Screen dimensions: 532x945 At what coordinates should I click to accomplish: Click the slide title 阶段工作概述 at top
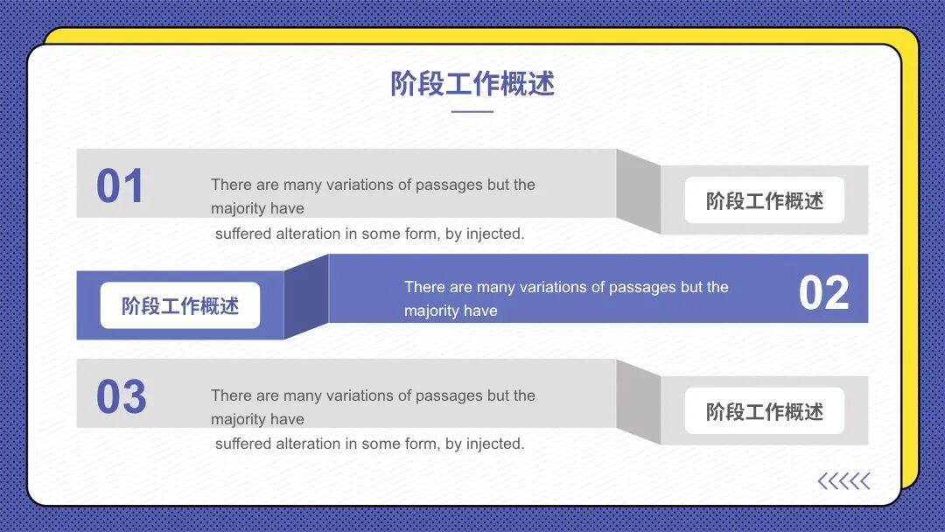click(x=472, y=85)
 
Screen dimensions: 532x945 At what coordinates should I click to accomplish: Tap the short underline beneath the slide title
click(x=472, y=112)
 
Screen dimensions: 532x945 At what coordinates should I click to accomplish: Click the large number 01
click(x=120, y=186)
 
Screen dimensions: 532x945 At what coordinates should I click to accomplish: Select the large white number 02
click(x=823, y=293)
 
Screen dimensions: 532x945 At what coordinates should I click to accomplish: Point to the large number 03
click(x=121, y=397)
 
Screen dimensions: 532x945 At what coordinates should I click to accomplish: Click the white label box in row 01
click(x=764, y=200)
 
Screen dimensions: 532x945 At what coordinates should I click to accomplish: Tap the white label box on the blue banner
click(x=180, y=305)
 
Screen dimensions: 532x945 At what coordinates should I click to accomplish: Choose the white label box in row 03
click(x=764, y=411)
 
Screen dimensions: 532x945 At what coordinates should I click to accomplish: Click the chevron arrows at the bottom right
click(x=843, y=481)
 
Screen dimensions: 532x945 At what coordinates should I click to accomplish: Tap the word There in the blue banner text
click(x=425, y=287)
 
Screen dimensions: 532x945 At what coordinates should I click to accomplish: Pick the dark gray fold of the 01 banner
click(x=638, y=191)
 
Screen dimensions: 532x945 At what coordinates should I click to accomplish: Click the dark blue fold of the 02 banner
click(x=306, y=296)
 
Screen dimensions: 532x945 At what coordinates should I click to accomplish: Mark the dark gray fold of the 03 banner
click(x=638, y=402)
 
